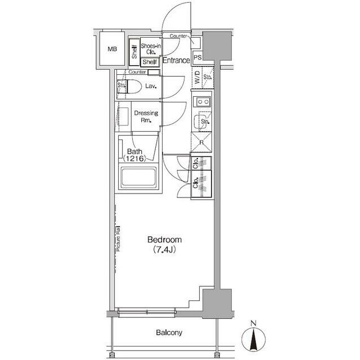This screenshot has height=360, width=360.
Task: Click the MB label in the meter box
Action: [x=112, y=49]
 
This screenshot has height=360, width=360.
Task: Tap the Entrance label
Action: [x=176, y=60]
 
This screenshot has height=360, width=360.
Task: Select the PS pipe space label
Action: [x=197, y=57]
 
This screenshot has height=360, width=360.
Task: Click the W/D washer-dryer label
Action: [x=197, y=78]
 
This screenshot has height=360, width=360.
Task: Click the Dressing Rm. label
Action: [x=146, y=116]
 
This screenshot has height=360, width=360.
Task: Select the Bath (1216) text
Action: [x=134, y=155]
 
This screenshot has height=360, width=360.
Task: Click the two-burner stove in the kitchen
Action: [x=202, y=101]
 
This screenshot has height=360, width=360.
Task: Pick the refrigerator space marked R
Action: [x=201, y=142]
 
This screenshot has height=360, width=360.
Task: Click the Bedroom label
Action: [x=165, y=240]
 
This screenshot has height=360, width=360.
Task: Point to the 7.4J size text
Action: [x=165, y=250]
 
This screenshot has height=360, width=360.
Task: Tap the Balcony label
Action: [x=169, y=332]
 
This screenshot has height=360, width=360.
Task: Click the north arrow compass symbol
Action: [x=254, y=339]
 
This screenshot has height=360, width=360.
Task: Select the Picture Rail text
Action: [x=119, y=238]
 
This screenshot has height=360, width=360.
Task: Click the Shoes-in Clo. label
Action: [x=151, y=49]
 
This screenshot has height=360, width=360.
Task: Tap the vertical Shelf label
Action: [x=134, y=52]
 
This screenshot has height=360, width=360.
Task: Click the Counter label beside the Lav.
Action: [x=137, y=72]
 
